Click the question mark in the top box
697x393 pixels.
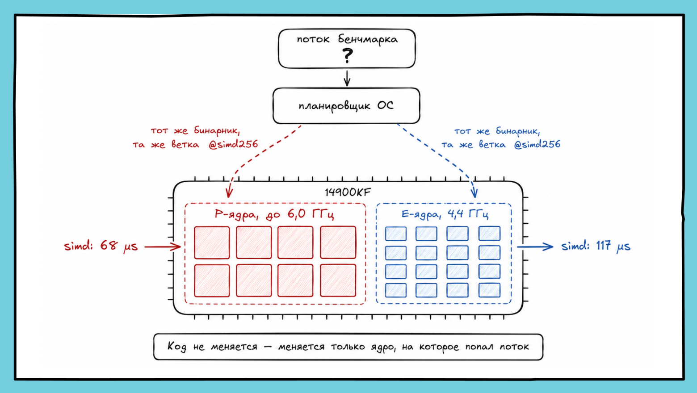tap(347, 56)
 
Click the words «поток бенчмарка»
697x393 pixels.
tap(347, 39)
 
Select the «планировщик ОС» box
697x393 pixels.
tap(346, 106)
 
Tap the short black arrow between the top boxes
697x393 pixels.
tap(347, 78)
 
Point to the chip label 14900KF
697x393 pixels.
tap(348, 192)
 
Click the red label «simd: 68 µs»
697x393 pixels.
tap(101, 246)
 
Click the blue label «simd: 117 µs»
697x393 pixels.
tap(596, 246)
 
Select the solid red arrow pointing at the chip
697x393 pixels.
tap(163, 247)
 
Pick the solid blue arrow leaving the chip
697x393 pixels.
tap(535, 247)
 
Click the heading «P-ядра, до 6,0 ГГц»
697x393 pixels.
tap(274, 214)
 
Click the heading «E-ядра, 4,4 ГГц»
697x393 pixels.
tap(445, 214)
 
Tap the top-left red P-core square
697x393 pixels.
tap(212, 242)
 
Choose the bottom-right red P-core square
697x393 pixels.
tap(338, 280)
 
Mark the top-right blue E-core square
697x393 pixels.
tap(489, 234)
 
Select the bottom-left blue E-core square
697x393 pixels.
tap(396, 290)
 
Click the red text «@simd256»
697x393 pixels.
tap(233, 144)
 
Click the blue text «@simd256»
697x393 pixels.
tap(537, 144)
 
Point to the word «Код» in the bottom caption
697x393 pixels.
tap(177, 347)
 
